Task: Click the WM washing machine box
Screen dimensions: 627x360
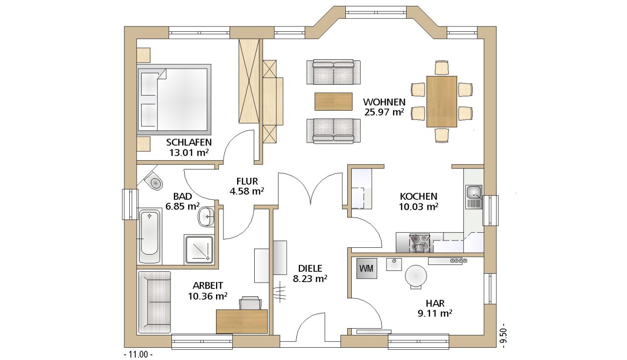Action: (366, 268)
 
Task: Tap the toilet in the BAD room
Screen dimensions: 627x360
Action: (154, 181)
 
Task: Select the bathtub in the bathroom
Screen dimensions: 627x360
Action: (149, 236)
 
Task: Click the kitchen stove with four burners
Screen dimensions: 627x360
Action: (419, 243)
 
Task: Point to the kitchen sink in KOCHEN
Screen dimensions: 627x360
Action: (474, 197)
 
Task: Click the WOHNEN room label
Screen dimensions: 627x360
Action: (384, 101)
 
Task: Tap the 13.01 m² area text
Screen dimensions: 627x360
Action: (189, 152)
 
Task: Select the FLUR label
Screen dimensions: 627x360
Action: (247, 181)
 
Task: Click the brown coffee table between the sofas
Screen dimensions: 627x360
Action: (334, 101)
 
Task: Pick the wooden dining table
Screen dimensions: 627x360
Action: (441, 101)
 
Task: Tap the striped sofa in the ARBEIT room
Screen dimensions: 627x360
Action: (154, 302)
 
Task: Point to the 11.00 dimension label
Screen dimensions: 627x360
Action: (138, 355)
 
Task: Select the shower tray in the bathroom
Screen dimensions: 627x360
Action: (199, 249)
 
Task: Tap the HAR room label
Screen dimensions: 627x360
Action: (435, 303)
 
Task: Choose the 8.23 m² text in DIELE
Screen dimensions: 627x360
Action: (310, 279)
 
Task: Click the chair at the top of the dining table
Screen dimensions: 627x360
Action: (442, 68)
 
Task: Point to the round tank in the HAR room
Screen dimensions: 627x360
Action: (416, 276)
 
